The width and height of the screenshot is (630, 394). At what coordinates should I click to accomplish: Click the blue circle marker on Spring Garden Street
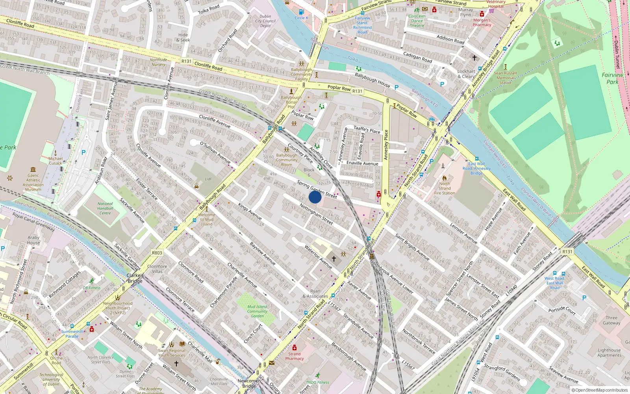315,197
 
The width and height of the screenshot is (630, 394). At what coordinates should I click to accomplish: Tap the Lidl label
208,179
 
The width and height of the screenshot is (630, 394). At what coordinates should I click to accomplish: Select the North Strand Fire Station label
445,188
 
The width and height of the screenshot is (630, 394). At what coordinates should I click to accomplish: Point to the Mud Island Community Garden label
257,311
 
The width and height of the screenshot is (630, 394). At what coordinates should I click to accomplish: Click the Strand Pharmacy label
295,356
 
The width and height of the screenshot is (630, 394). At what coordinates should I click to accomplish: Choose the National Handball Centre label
105,208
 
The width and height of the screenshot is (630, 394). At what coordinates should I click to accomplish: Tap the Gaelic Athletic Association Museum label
33,182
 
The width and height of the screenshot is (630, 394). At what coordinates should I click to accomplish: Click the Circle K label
302,18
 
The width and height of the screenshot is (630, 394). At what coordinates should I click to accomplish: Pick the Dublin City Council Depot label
265,21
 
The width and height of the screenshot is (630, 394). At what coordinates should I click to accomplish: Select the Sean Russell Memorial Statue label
505,78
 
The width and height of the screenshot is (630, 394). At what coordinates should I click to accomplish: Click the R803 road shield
157,253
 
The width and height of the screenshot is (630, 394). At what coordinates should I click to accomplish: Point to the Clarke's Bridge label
135,278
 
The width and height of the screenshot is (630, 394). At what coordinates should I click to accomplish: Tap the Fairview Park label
612,78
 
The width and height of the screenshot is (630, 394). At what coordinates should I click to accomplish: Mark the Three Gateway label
611,320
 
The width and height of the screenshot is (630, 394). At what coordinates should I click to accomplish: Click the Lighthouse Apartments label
609,353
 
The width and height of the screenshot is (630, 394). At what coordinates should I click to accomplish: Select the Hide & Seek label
183,37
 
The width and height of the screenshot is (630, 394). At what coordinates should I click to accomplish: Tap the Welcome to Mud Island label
207,219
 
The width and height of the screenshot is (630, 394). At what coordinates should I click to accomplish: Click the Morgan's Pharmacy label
482,22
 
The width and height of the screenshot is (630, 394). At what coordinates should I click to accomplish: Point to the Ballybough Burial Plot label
291,102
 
